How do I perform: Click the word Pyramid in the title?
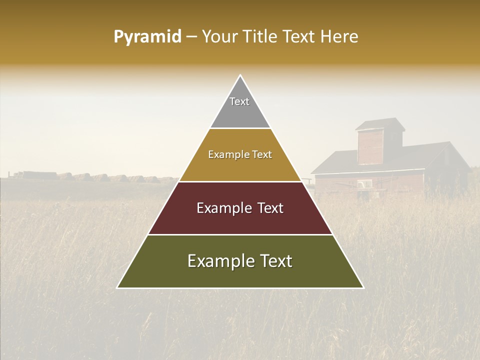pyautogui.click(x=147, y=37)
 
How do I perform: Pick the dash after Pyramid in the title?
pyautogui.click(x=191, y=37)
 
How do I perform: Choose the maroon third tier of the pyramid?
pyautogui.click(x=240, y=220)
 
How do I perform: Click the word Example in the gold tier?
pyautogui.click(x=225, y=155)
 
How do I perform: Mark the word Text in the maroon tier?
pyautogui.click(x=270, y=208)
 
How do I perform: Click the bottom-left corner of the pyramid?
pyautogui.click(x=117, y=287)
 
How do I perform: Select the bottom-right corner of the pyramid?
pyautogui.click(x=363, y=287)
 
